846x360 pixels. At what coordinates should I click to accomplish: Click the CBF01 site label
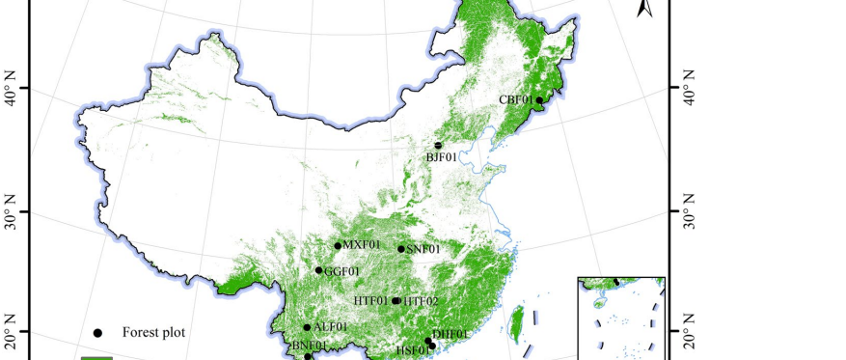515,99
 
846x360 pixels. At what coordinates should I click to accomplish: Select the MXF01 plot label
363,244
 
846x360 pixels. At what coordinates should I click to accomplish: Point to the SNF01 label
423,249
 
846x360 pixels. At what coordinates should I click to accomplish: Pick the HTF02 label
421,301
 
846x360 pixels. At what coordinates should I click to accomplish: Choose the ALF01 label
331,327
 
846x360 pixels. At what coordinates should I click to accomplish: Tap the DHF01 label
450,334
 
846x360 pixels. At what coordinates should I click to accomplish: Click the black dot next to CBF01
539,100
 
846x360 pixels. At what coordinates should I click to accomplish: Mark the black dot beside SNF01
401,249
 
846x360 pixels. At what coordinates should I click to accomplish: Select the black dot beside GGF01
319,270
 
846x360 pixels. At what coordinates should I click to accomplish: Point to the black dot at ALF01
308,327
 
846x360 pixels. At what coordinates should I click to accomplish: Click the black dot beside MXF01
338,245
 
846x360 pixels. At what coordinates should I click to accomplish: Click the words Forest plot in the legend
153,333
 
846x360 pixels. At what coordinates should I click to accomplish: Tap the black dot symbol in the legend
97,333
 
